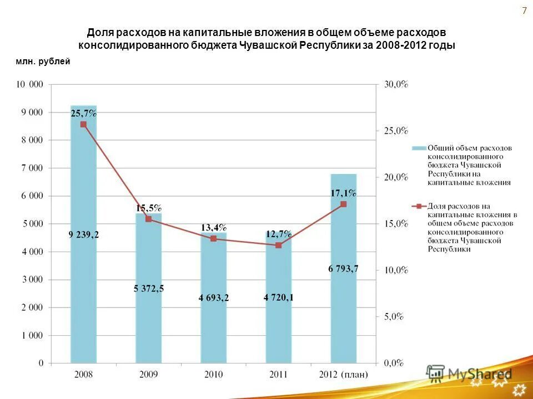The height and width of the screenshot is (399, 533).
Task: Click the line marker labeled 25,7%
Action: [83, 124]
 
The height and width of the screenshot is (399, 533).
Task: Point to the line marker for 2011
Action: [279, 245]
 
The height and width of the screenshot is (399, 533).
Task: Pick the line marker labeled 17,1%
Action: [344, 204]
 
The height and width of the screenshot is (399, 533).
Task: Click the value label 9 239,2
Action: [83, 235]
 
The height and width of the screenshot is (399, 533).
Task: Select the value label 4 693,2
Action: [213, 298]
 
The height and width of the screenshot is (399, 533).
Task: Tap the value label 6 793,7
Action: [343, 269]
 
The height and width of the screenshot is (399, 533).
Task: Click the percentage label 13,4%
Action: [214, 228]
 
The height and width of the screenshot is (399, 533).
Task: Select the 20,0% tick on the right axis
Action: [396, 177]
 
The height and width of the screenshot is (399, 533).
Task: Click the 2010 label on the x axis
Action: [213, 375]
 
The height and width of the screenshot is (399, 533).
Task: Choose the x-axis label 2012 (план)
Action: [344, 375]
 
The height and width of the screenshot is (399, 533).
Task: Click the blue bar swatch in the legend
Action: [419, 149]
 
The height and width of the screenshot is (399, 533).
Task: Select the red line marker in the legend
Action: [419, 206]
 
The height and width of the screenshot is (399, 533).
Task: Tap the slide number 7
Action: [524, 11]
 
